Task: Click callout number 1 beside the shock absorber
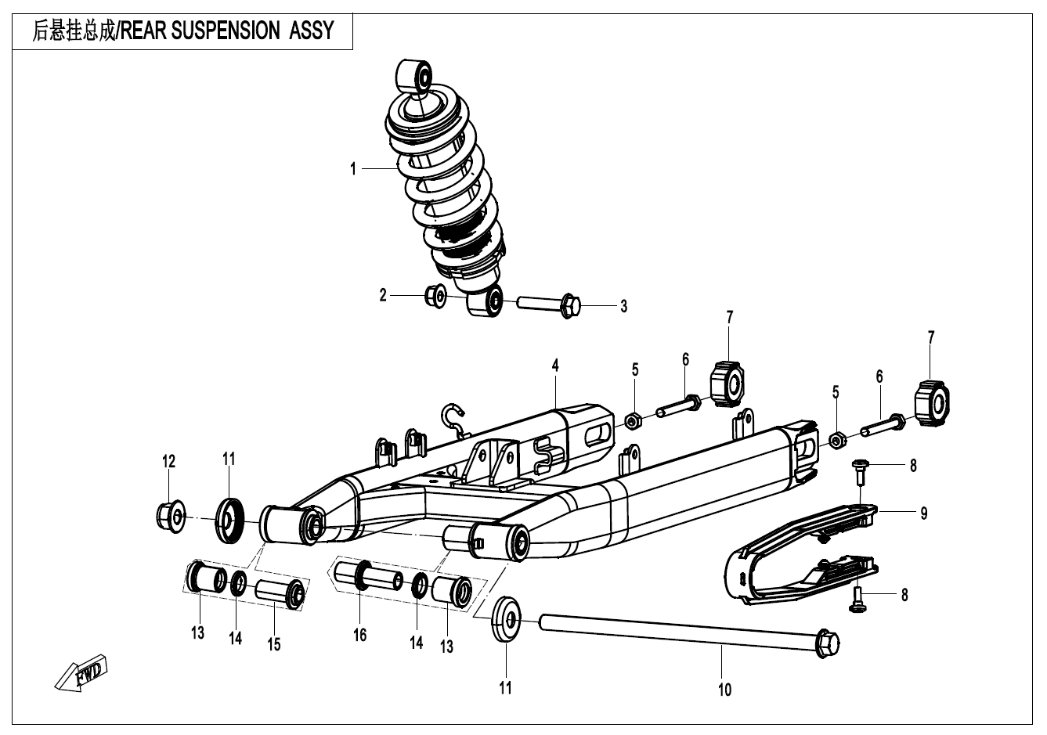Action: pos(354,168)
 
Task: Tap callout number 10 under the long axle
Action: pos(724,689)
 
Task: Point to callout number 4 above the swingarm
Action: pos(554,365)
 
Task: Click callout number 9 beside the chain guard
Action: pos(924,513)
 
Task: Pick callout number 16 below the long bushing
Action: pos(359,636)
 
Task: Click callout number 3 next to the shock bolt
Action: pos(623,307)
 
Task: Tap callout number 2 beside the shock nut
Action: pos(383,296)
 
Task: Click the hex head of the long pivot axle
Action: pos(826,643)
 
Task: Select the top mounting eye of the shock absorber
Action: pos(413,77)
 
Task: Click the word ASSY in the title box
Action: pos(312,31)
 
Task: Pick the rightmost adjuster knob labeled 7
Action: pos(930,401)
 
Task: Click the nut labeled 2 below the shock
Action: pos(435,296)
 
